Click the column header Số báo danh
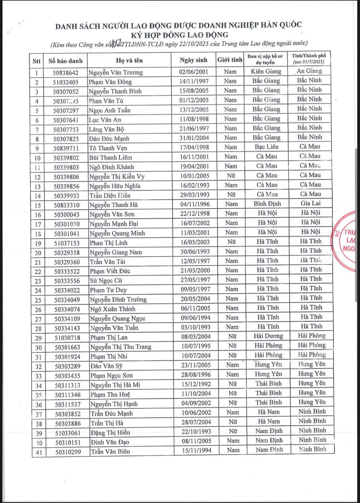(65, 61)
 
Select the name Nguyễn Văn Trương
(115, 73)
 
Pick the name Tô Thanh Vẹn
(108, 148)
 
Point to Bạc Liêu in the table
(267, 147)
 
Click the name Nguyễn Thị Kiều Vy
(117, 177)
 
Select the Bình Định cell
(267, 204)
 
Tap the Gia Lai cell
(310, 203)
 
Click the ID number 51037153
(67, 243)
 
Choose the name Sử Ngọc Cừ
(106, 280)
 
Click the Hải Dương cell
(268, 336)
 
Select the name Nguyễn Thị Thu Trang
(121, 347)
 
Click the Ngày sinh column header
(193, 60)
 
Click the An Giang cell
(309, 71)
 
